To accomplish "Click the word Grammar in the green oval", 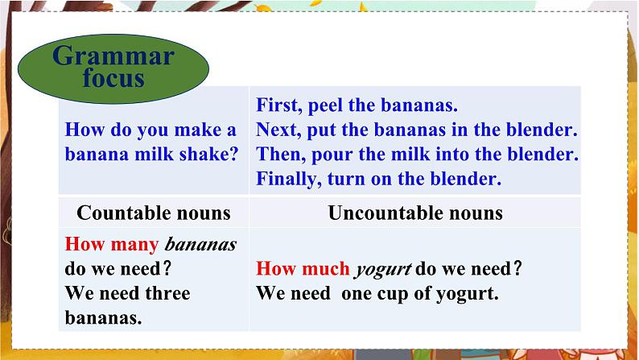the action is tap(113, 56).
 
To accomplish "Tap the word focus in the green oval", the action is tap(113, 77).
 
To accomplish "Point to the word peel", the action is tap(325, 106).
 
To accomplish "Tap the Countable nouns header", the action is tap(154, 213).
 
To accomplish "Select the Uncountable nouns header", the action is tap(415, 213).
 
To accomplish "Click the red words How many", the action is tap(112, 245).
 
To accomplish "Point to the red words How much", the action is tap(303, 269).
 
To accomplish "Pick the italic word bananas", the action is tap(200, 245).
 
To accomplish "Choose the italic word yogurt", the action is tap(383, 270).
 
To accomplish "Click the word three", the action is tap(167, 293).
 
